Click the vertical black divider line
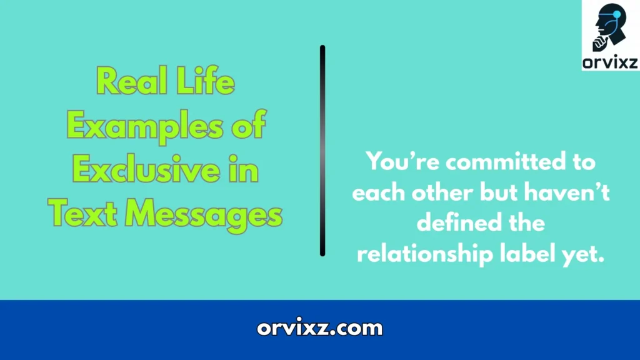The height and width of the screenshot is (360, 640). click(x=322, y=150)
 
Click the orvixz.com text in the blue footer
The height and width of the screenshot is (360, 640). click(x=319, y=327)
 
